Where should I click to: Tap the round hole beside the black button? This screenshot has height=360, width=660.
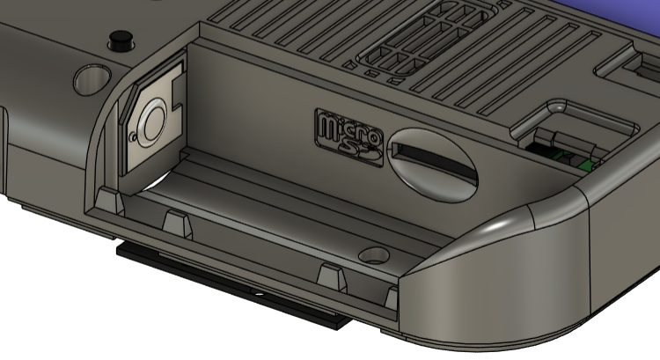coord(92,78)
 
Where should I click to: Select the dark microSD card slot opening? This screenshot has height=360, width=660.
coord(434,160)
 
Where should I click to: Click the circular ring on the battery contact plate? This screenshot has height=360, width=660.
coord(150,123)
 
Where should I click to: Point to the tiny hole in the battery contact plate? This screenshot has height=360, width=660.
coord(133,136)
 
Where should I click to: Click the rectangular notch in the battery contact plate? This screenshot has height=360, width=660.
coord(178,92)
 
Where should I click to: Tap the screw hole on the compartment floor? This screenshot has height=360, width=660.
coord(374,254)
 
